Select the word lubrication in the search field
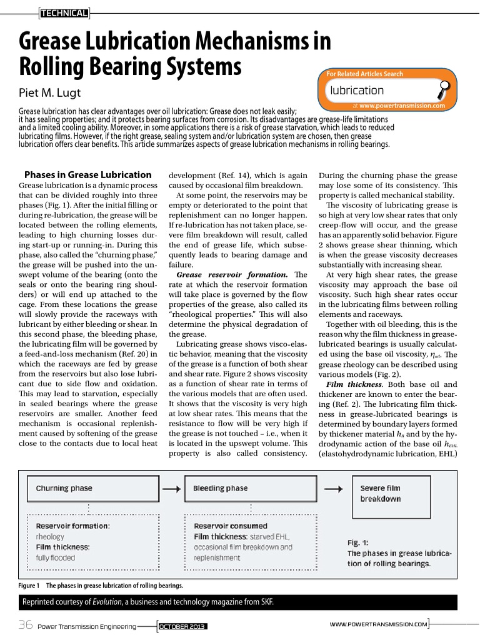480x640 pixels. pyautogui.click(x=357, y=91)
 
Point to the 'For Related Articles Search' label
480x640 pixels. pyautogui.click(x=365, y=74)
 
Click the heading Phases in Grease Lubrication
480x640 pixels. pyautogui.click(x=87, y=175)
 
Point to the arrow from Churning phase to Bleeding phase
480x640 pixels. pyautogui.click(x=171, y=488)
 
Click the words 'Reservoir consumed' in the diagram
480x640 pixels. pyautogui.click(x=230, y=526)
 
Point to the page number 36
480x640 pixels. pyautogui.click(x=26, y=625)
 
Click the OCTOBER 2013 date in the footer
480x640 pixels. pyautogui.click(x=182, y=626)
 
